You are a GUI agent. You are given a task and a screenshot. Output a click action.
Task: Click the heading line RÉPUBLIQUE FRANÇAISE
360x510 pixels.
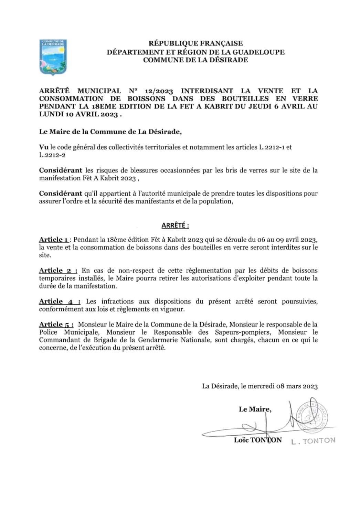(195, 43)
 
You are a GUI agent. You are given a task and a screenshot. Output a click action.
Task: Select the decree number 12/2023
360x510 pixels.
(159, 91)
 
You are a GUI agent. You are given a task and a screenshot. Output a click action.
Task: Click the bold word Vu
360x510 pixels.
(43, 147)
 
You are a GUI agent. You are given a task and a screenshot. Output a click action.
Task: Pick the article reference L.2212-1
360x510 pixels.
(272, 147)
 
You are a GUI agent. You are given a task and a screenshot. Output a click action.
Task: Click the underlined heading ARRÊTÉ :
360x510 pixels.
(175, 226)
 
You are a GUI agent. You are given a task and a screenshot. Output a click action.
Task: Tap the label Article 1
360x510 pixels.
(54, 240)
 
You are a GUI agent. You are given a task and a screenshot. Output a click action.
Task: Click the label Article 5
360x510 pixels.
(56, 324)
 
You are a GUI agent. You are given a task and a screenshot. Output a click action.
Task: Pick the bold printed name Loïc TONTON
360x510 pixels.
(258, 440)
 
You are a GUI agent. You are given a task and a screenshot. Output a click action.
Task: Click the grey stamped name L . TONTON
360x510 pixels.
(313, 441)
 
